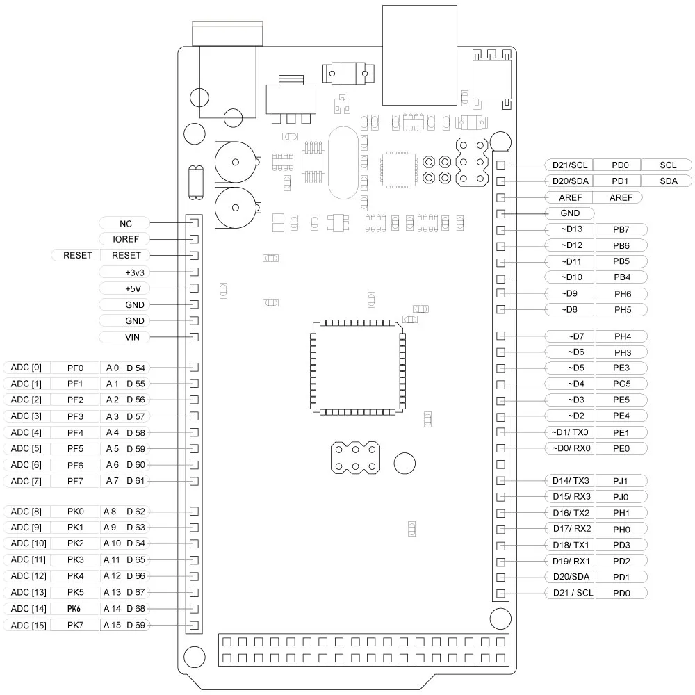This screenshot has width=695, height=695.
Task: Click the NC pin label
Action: [x=125, y=223]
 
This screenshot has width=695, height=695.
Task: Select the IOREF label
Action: [x=125, y=239]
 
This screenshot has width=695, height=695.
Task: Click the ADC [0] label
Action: [x=27, y=367]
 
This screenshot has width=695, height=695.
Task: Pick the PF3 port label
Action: [x=76, y=416]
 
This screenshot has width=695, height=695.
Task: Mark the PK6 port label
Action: [x=76, y=609]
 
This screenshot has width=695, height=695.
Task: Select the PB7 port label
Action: [x=621, y=229]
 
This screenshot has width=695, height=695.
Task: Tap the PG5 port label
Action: [x=621, y=384]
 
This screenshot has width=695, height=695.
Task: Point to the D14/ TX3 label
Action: [x=570, y=480]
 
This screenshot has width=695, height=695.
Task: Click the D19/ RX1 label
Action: [x=570, y=561]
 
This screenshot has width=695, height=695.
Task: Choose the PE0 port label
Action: [x=621, y=448]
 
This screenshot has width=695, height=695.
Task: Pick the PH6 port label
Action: [x=621, y=293]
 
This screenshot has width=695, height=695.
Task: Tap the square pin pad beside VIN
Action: [x=195, y=337]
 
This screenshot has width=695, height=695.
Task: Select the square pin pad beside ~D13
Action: [x=500, y=229]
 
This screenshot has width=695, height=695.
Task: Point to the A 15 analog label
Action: [x=113, y=625]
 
